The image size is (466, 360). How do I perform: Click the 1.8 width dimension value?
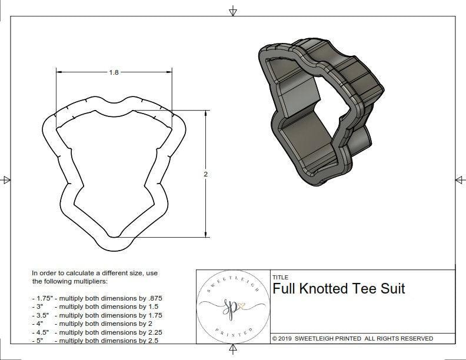[x=114, y=72]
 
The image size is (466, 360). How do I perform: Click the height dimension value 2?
[x=206, y=174]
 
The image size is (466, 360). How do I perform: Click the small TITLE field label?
[x=281, y=277]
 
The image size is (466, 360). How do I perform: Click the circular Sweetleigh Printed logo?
[x=232, y=306]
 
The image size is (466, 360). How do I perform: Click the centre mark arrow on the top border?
[x=233, y=11]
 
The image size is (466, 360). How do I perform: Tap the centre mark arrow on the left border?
[x=6, y=179]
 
